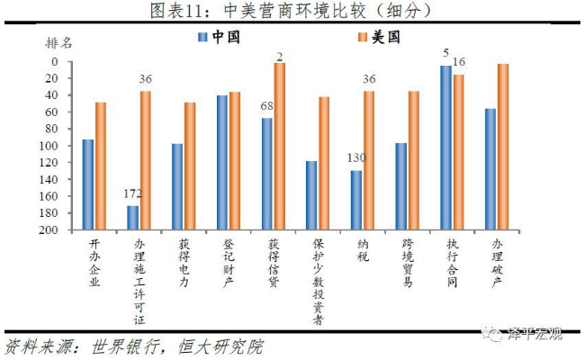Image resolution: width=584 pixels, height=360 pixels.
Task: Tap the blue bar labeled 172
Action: click(x=133, y=218)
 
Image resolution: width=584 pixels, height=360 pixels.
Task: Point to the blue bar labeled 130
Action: click(x=356, y=200)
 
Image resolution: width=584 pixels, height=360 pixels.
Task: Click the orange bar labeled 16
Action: click(x=459, y=152)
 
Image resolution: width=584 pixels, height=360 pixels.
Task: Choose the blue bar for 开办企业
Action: click(x=88, y=184)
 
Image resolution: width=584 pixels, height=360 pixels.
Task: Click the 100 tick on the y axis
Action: click(x=49, y=146)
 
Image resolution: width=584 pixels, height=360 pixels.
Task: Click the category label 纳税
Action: click(x=364, y=256)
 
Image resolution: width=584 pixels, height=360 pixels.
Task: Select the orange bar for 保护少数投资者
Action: click(x=324, y=163)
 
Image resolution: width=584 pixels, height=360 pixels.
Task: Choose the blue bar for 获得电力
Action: click(x=177, y=186)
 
